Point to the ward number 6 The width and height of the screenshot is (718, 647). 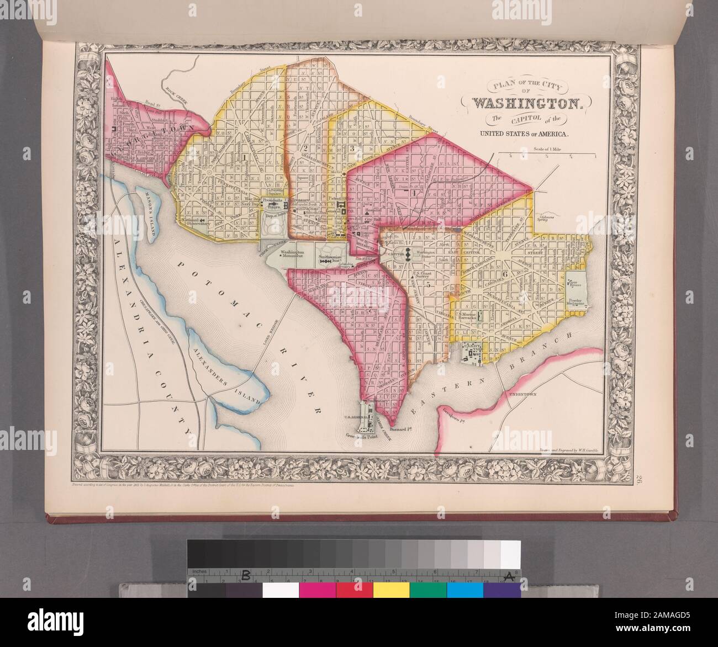point(504,274)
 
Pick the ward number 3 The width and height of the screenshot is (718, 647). point(351,149)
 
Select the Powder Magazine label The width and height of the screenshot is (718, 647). point(574,304)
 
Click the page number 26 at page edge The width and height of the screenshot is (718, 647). point(639,479)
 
